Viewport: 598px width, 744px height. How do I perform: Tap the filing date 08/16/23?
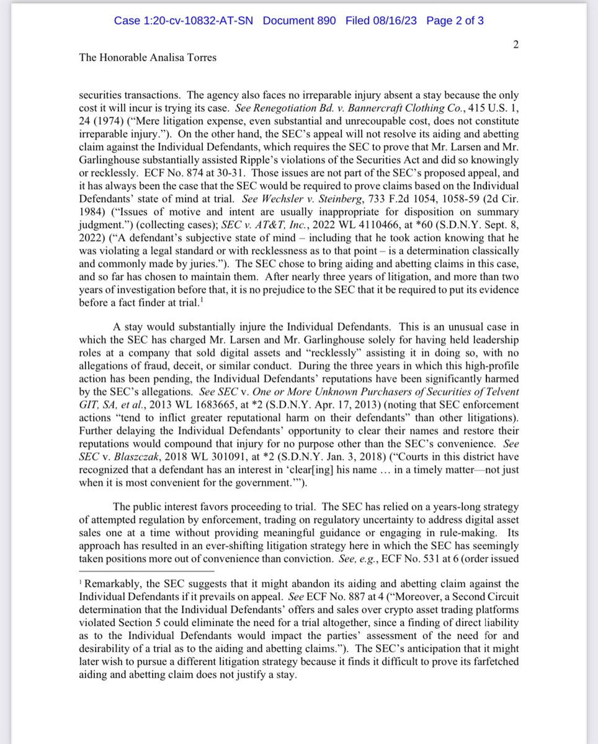pyautogui.click(x=398, y=20)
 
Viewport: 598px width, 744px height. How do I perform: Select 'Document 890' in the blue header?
pyautogui.click(x=299, y=20)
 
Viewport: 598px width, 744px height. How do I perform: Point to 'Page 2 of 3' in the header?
pyautogui.click(x=455, y=20)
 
